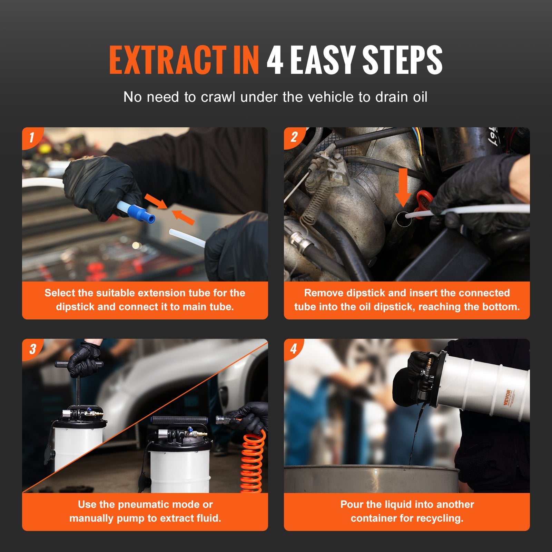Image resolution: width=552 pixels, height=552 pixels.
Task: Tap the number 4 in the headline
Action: (x=275, y=60)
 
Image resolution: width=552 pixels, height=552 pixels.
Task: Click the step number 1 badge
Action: (x=31, y=137)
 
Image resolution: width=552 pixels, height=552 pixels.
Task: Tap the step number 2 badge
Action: (x=294, y=137)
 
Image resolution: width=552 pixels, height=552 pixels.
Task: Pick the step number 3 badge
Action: (x=32, y=348)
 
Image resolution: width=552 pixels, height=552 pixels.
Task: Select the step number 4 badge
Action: (x=294, y=348)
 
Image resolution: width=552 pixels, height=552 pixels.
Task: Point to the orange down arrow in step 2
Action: (x=403, y=186)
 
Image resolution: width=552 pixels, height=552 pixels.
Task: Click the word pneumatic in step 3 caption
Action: (x=145, y=505)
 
